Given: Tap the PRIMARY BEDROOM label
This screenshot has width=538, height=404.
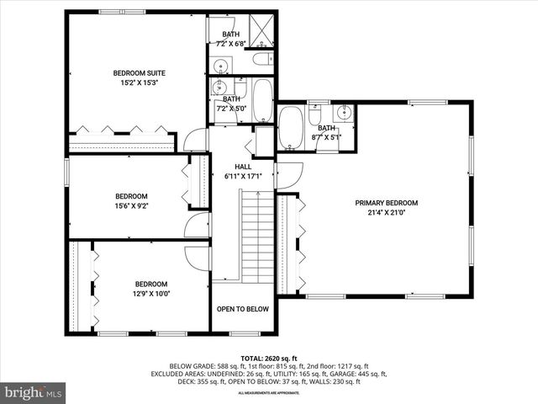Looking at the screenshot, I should click(386, 203).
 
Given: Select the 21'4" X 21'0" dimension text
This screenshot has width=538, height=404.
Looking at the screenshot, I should click(386, 214).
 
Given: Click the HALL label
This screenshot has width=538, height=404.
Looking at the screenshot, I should click(243, 167).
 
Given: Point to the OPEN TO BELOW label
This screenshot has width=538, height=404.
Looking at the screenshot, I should click(243, 309).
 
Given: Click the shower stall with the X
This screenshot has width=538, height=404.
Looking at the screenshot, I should click(263, 31).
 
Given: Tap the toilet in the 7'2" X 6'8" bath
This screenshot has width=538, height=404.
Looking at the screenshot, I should click(262, 59).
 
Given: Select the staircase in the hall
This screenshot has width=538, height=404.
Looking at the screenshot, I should click(257, 236).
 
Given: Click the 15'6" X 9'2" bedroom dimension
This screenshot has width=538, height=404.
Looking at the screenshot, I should click(131, 205).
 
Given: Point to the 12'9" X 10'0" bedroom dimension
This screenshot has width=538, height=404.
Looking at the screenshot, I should click(150, 294).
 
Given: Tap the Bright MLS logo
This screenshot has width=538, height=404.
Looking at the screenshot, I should click(34, 391).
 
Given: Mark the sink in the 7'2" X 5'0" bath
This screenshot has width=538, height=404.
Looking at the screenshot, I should click(222, 88).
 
